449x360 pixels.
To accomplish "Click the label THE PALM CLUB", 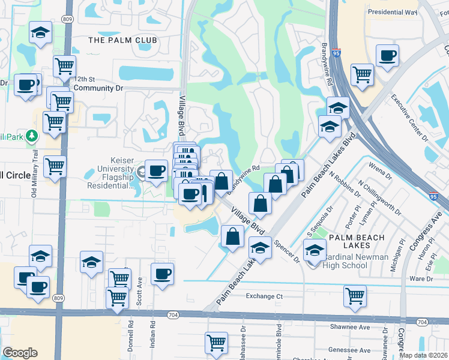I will [122, 40].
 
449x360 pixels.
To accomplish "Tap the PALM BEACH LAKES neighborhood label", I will [357, 242].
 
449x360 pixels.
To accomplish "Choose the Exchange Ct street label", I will [264, 296].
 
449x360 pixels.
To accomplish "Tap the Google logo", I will [20, 353].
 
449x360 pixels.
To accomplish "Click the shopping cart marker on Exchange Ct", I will [355, 295].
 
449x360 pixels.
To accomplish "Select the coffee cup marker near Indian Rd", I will [162, 274].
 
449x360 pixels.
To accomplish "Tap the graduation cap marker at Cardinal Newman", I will [314, 250].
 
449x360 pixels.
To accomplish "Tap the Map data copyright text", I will [423, 355].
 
